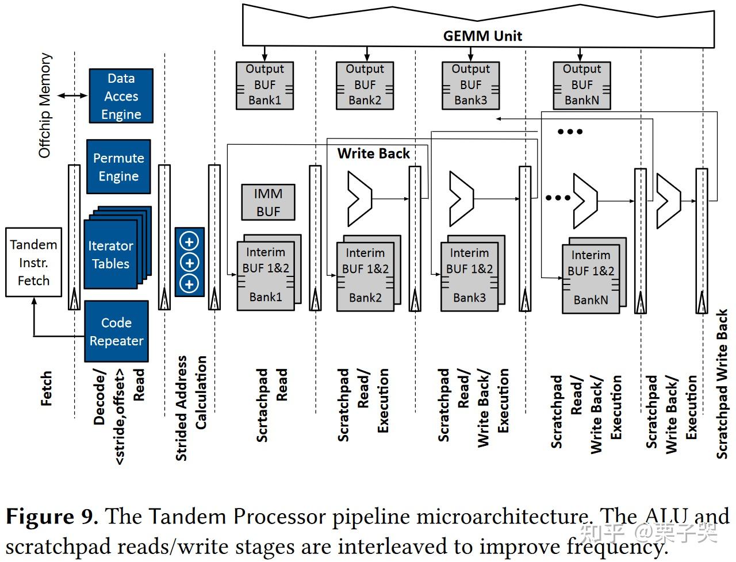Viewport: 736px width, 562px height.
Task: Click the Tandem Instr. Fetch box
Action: click(33, 263)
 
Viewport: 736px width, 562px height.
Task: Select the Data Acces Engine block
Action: click(121, 96)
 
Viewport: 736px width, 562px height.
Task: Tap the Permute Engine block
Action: click(118, 167)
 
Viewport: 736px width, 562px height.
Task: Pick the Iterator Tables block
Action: click(111, 255)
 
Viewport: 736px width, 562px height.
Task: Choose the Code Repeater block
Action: click(116, 332)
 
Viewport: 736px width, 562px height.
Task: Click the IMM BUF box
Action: click(268, 202)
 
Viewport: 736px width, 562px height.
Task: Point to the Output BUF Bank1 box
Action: click(264, 85)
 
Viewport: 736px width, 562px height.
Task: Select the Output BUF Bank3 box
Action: click(470, 85)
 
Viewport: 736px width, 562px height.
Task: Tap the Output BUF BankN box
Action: click(581, 85)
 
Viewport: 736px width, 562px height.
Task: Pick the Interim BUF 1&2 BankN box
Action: click(591, 278)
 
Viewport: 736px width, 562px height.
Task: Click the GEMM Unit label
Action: click(482, 36)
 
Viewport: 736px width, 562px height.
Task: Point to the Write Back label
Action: click(373, 153)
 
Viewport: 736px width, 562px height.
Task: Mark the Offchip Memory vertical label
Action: click(45, 106)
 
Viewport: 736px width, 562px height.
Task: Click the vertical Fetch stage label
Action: click(47, 388)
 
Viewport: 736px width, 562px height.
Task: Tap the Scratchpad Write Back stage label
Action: click(722, 384)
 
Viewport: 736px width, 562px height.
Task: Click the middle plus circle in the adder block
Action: click(189, 263)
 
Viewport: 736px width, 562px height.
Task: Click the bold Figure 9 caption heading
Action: click(51, 516)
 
